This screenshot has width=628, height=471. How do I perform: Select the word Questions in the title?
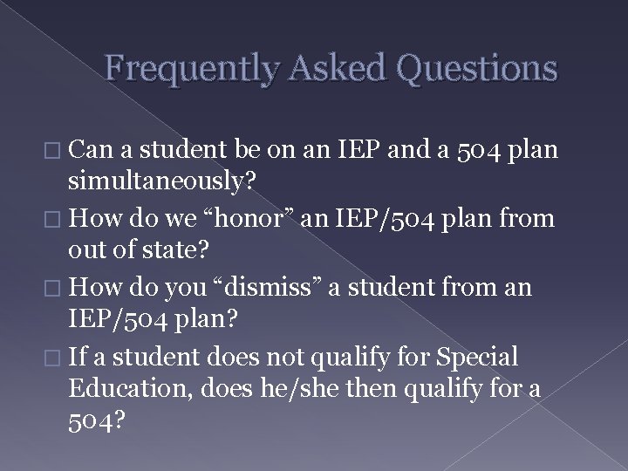tap(475, 67)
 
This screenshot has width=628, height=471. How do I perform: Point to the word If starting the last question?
tap(79, 357)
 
